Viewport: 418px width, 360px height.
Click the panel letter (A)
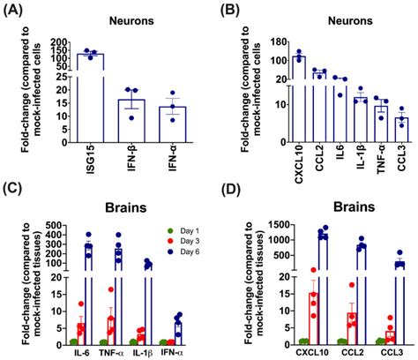[x=17, y=11]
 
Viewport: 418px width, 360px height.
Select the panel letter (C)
[x=17, y=189]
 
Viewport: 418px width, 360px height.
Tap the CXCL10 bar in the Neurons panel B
[x=301, y=97]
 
